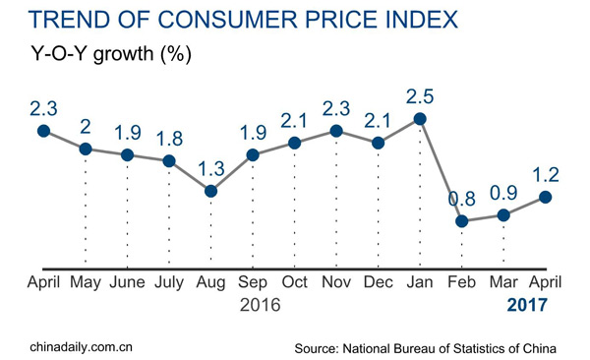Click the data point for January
[x=420, y=119]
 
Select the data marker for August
[x=210, y=190]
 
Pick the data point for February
[x=461, y=221]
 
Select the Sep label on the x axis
[x=253, y=282]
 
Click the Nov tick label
[x=336, y=282]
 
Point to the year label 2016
[x=262, y=306]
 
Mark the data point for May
[x=86, y=149]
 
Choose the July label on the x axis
[x=168, y=282]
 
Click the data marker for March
[x=503, y=215]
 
